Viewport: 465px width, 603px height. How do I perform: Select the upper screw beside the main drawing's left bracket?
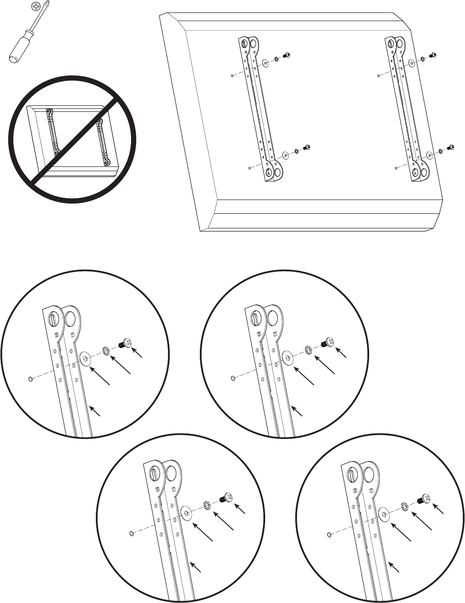[285, 55]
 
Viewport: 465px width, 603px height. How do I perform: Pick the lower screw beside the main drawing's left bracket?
[307, 148]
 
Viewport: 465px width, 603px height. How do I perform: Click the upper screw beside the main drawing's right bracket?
[432, 55]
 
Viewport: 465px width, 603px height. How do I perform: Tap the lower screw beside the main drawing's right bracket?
[451, 147]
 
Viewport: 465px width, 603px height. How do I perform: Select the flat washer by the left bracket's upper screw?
[266, 64]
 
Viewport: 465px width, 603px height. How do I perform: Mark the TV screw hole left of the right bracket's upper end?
[378, 76]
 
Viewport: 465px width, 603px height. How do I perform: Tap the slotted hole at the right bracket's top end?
[392, 44]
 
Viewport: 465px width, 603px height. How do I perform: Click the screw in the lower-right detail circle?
[424, 499]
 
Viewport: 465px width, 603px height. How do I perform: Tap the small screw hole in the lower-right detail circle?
[329, 535]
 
